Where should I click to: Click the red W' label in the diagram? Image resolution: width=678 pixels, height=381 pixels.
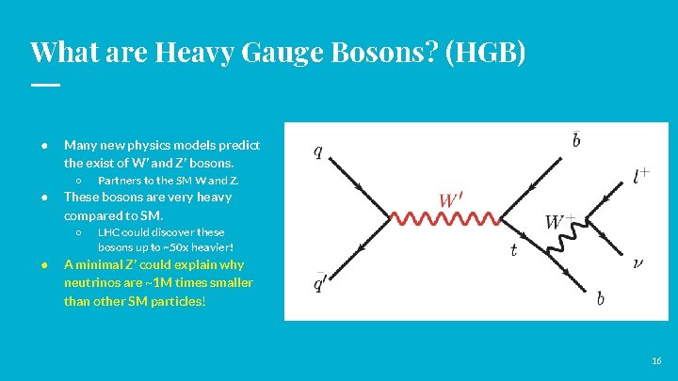point(450,200)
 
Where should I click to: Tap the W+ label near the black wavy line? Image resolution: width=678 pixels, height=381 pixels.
point(561,223)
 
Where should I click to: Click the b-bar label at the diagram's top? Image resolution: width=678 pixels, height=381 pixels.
point(576,140)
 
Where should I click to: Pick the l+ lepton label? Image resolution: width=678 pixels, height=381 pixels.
point(642,175)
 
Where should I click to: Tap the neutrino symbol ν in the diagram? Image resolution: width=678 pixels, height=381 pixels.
point(638,264)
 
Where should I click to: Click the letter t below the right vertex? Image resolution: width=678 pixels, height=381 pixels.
point(513,249)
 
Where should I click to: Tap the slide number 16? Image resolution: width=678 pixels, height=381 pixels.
point(656,361)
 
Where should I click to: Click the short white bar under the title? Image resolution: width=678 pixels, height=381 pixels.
point(44,85)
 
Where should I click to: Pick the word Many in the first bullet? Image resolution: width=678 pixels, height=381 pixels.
point(81,146)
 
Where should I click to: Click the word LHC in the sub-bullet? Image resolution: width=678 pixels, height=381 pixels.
point(109,231)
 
